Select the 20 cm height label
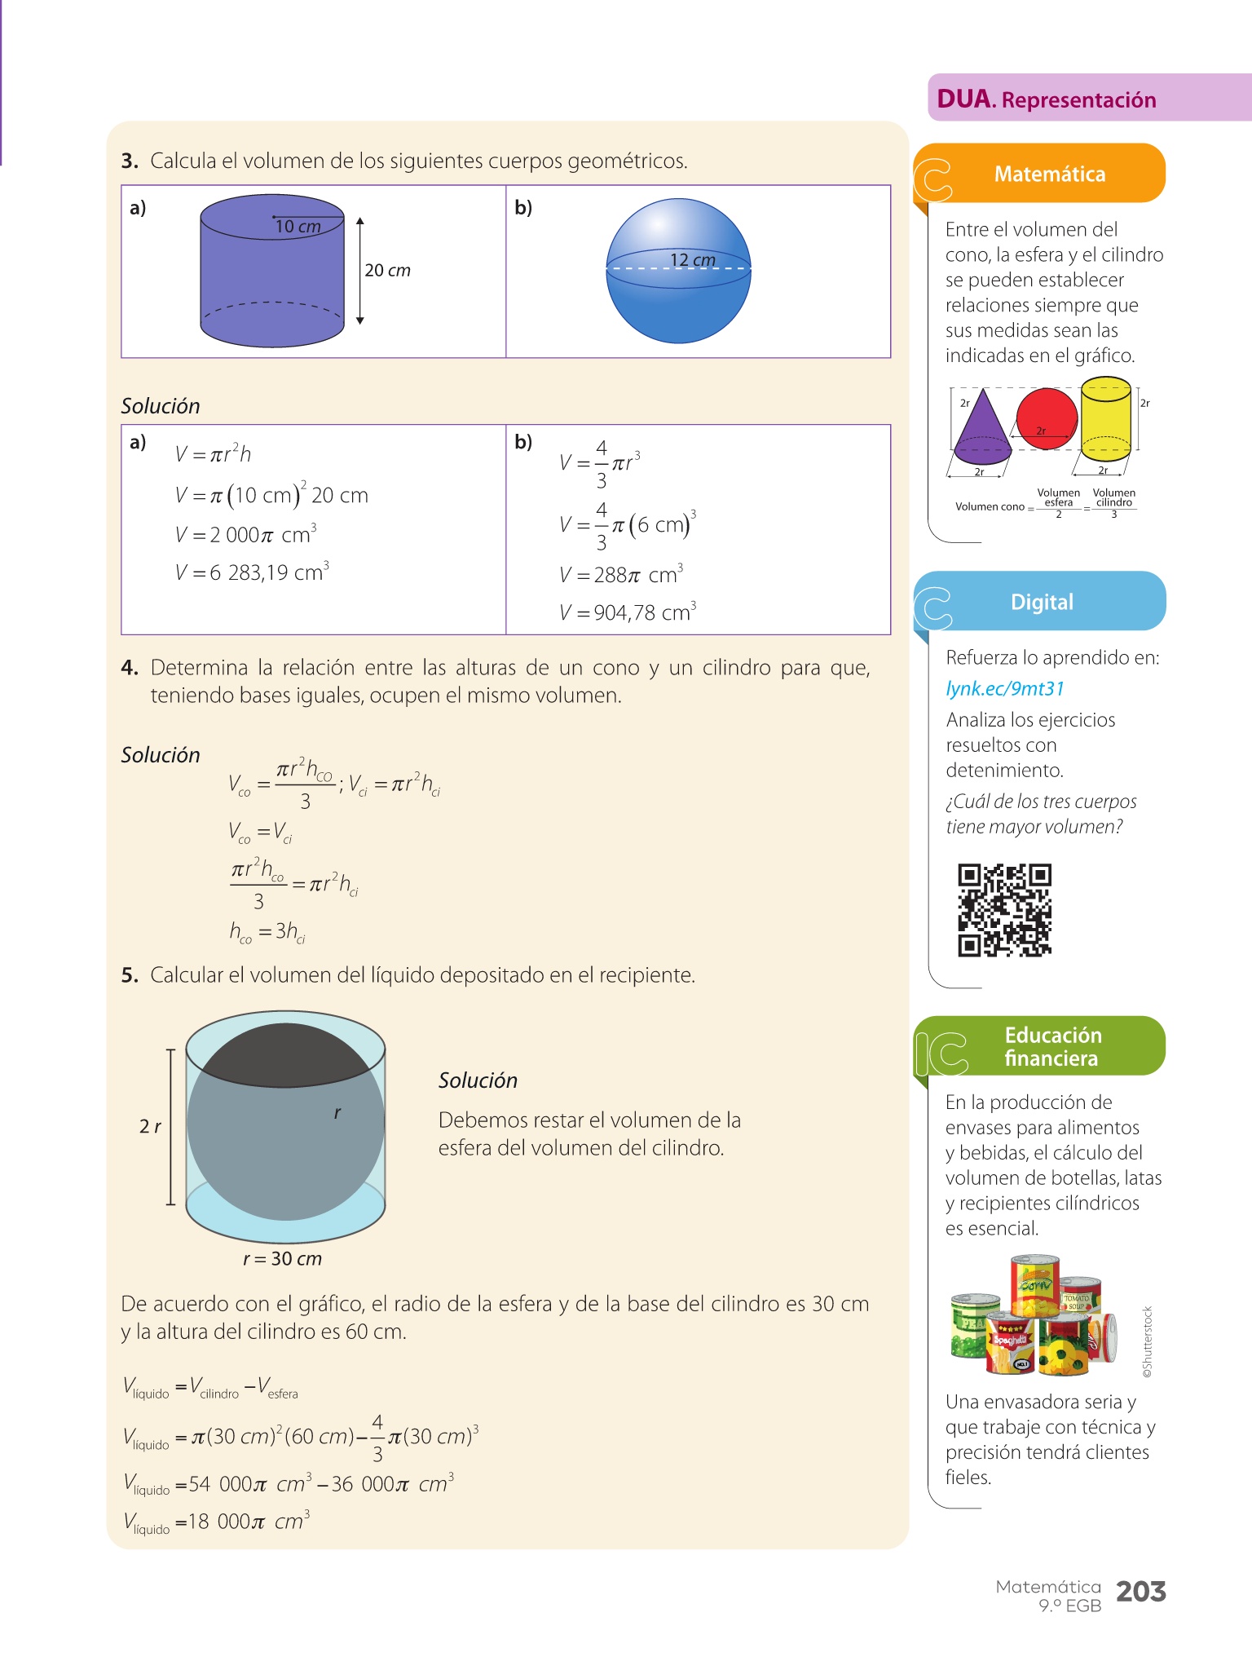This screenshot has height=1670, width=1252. coord(387,271)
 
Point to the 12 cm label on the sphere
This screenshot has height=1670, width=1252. coord(692,260)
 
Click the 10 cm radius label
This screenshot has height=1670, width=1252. coord(298,227)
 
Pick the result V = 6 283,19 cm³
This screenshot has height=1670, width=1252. coord(252,572)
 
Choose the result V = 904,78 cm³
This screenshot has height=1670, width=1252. coord(628,612)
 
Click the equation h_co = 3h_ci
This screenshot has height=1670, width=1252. coord(267,931)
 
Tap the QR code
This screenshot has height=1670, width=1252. coord(1004,910)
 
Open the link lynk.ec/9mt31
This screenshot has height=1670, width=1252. coord(1005,689)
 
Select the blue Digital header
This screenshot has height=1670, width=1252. coord(1042,602)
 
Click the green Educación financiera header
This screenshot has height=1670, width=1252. coord(1051,1046)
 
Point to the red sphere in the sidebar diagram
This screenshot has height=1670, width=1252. coord(1047,417)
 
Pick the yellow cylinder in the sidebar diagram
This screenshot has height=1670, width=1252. coord(1105,416)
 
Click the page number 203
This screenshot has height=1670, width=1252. coord(1140,1592)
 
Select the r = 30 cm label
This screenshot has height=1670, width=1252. coord(282,1258)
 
